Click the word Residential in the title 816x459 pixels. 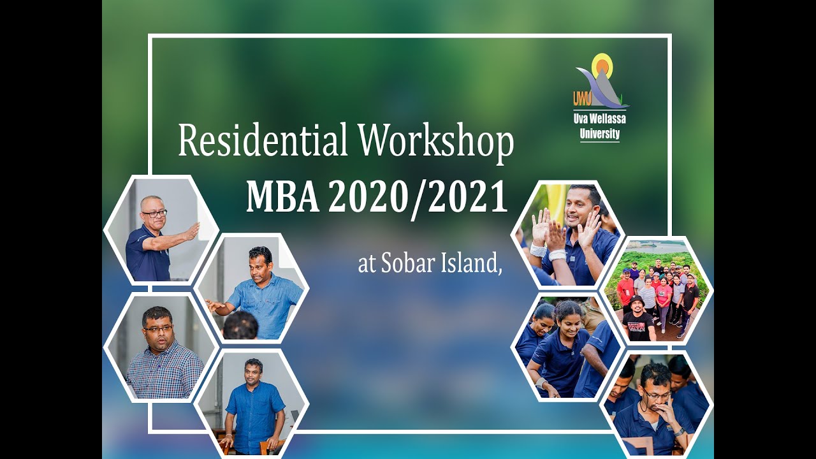pyautogui.click(x=262, y=141)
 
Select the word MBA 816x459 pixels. pyautogui.click(x=282, y=197)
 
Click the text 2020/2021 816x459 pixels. pyautogui.click(x=418, y=197)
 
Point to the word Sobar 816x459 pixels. pyautogui.click(x=406, y=264)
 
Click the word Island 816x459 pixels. pyautogui.click(x=469, y=264)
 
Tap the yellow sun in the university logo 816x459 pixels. pyautogui.click(x=601, y=65)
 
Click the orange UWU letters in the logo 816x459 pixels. pyautogui.click(x=581, y=98)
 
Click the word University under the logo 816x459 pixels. pyautogui.click(x=599, y=134)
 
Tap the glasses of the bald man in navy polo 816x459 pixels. pyautogui.click(x=155, y=214)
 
